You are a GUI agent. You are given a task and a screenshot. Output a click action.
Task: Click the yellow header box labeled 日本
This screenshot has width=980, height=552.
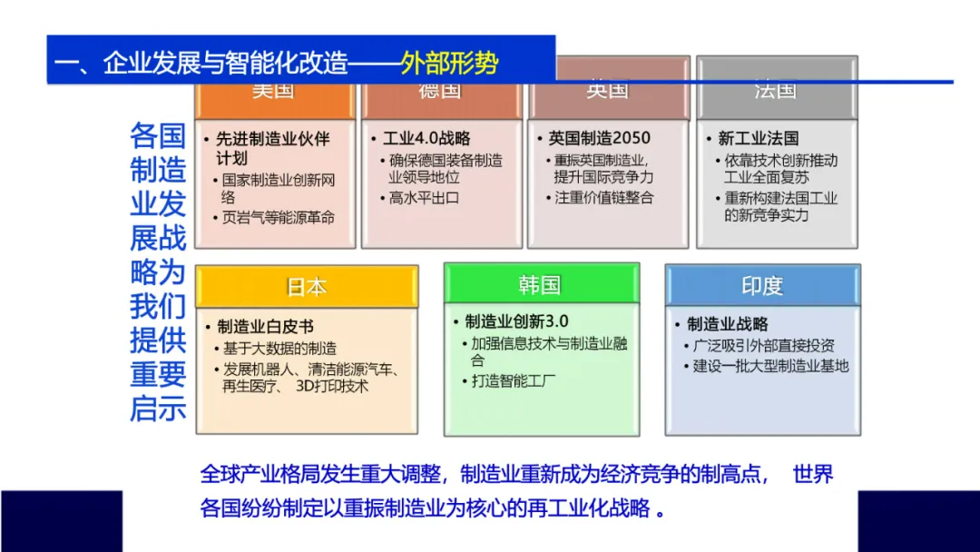point(307,287)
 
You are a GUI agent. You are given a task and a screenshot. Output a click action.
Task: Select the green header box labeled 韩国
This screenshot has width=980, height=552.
point(541,285)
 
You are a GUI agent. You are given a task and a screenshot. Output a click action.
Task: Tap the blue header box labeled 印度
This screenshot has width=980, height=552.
point(762,286)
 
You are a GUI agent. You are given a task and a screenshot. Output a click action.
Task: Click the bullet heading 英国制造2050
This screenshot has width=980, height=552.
point(600,139)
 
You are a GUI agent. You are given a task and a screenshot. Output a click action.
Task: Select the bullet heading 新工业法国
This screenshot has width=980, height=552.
point(759,139)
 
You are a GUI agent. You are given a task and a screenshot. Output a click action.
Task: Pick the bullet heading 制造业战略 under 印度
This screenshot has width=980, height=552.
point(728,324)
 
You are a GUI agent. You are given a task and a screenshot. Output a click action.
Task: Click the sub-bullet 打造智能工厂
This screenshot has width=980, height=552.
point(514,381)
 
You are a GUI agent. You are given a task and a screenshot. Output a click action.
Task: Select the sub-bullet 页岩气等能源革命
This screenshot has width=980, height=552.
point(279,218)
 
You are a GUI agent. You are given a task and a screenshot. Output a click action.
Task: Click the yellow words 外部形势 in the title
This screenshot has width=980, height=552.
point(449,64)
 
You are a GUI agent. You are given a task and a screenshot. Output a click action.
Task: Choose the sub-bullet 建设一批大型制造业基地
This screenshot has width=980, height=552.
point(771,366)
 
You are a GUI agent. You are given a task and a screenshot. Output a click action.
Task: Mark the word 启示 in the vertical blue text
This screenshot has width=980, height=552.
point(158,409)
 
